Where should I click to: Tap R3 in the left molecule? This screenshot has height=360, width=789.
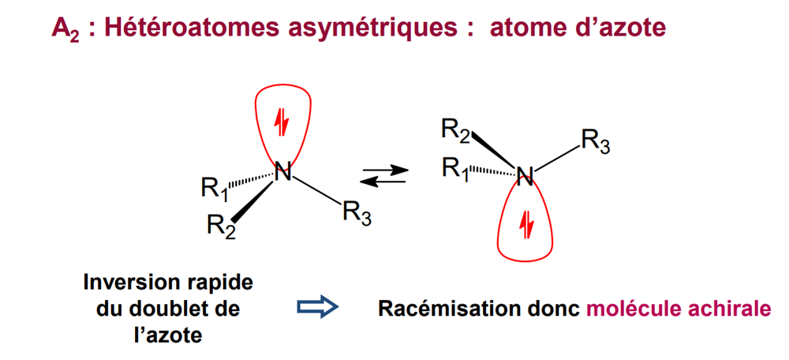358,213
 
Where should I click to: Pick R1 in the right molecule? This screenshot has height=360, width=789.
457,168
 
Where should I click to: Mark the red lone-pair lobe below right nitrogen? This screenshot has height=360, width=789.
525,225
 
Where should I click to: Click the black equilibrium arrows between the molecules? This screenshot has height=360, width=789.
383,174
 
